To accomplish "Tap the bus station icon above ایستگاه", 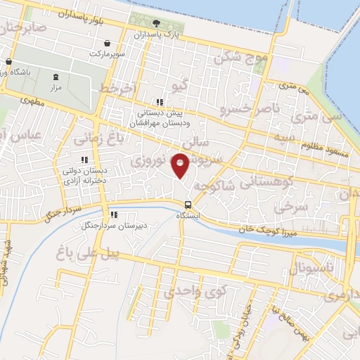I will [186, 205].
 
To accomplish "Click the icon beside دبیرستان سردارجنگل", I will [112, 214].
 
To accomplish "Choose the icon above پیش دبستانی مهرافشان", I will [160, 101].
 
